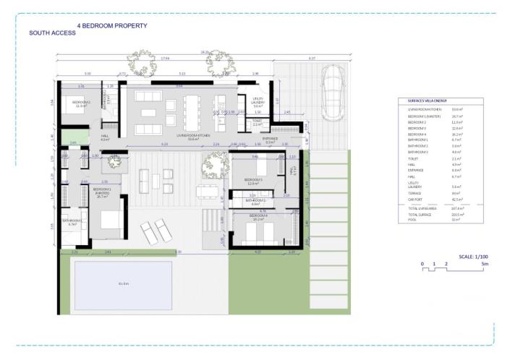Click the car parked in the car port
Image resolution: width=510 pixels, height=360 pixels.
tap(331, 85)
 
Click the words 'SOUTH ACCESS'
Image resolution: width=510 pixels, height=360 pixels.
tap(52, 33)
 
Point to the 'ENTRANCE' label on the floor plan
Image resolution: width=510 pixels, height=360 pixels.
tap(270, 138)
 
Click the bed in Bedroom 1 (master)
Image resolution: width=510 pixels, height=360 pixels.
tap(109, 222)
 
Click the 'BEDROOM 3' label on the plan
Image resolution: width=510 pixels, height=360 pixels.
tap(253, 179)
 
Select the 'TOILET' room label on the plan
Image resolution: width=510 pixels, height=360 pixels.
tap(257, 121)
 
